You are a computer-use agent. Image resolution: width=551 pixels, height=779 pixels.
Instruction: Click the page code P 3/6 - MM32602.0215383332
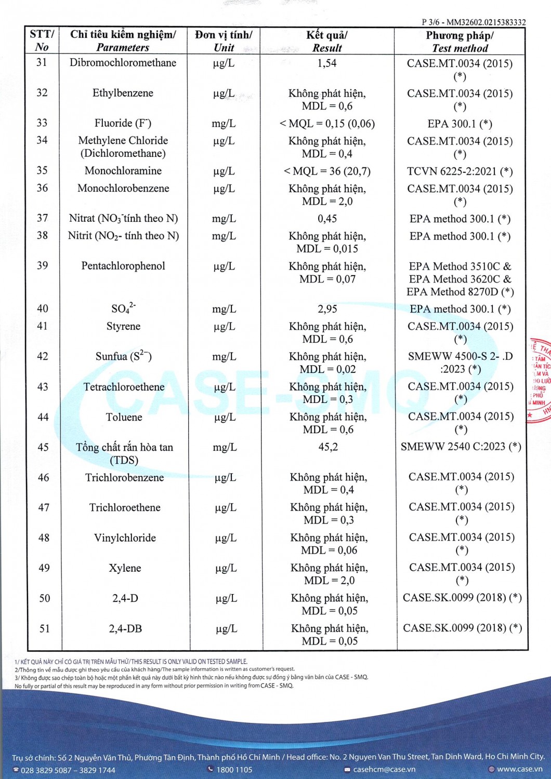click(474, 22)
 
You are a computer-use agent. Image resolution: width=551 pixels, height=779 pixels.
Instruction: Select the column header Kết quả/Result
click(327, 42)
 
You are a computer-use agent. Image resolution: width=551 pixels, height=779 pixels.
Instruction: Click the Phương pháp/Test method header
click(460, 42)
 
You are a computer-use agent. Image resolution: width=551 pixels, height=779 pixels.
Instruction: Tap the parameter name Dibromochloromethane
click(123, 63)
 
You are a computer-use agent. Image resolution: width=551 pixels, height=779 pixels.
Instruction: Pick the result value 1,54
click(327, 63)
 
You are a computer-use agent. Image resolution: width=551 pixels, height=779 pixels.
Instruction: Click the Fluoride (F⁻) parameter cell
click(123, 123)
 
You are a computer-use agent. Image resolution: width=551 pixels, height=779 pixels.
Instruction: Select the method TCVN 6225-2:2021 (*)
click(460, 171)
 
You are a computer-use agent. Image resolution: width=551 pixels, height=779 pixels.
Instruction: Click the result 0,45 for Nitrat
click(327, 219)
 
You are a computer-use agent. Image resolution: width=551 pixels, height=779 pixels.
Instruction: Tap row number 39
click(43, 265)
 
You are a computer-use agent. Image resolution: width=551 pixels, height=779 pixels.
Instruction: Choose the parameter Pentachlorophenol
click(123, 266)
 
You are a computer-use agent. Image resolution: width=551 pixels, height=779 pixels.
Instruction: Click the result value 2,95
click(327, 309)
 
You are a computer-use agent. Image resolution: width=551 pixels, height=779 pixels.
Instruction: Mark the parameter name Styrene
click(123, 326)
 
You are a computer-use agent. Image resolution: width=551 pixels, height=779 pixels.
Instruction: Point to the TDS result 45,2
click(328, 447)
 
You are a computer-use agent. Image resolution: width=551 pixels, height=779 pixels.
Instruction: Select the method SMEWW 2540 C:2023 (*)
click(461, 447)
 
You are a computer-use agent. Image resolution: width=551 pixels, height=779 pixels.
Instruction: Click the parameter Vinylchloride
click(125, 538)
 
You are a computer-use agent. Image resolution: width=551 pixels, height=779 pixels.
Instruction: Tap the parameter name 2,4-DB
click(125, 629)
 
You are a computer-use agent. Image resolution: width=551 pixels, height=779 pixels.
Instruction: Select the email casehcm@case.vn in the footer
click(384, 769)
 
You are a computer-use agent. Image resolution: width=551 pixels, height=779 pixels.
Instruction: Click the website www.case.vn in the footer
click(519, 769)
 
